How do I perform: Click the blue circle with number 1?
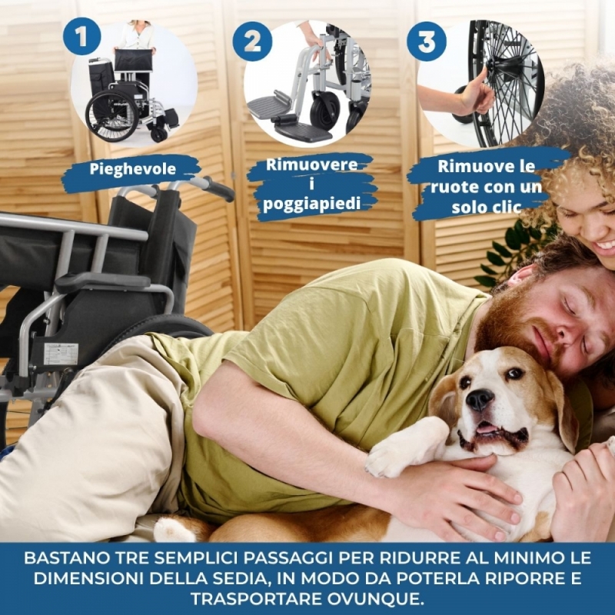point(81,36)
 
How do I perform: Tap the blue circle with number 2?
point(252,41)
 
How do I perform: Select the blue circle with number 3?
point(427,42)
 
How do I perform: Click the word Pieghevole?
point(132,169)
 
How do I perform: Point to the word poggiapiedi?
point(312,204)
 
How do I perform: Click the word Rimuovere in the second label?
point(312,165)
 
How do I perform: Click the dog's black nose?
point(479,400)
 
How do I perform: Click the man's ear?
point(524,276)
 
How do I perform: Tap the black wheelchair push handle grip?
point(218,189)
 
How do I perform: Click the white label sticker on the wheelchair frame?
point(61,354)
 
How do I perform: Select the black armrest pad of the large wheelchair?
point(103,281)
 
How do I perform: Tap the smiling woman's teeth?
point(605,247)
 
